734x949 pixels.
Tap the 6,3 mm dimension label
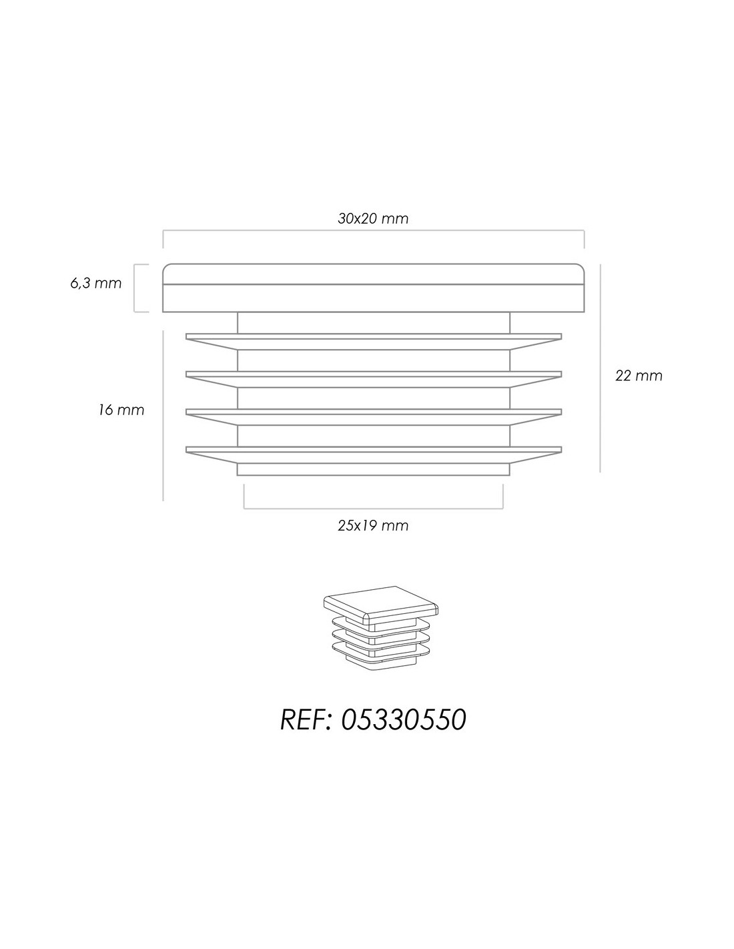(95, 284)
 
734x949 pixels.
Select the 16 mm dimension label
(121, 410)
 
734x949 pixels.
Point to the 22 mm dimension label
(639, 376)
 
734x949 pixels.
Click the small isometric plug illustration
(381, 628)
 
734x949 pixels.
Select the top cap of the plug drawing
(373, 288)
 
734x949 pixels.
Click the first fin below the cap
(373, 342)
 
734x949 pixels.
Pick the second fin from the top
(373, 379)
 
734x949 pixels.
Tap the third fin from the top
(373, 417)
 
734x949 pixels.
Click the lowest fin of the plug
(373, 454)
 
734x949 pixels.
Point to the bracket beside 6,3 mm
(135, 288)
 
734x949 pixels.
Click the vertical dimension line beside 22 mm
(601, 368)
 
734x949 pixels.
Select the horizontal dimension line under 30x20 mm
(373, 230)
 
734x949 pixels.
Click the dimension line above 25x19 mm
(373, 509)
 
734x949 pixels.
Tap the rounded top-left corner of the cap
(165, 266)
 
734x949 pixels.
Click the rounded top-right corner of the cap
(582, 266)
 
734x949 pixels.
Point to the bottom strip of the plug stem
(373, 469)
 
